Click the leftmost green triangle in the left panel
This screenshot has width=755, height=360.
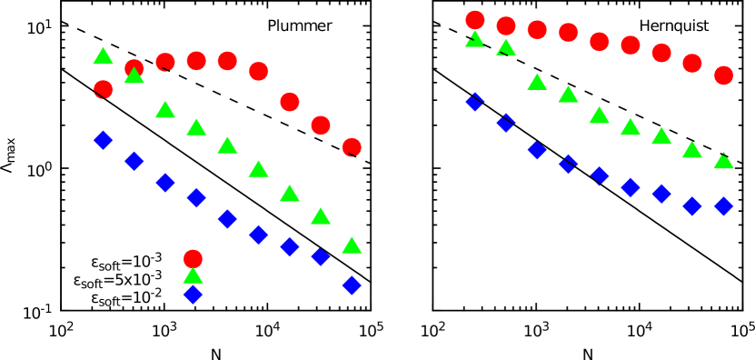click(x=104, y=55)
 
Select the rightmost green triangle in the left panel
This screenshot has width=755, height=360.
click(x=352, y=245)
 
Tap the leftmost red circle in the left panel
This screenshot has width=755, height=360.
click(x=104, y=89)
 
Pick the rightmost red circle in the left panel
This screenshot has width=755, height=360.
click(x=352, y=146)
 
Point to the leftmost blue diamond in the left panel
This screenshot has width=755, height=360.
click(x=104, y=140)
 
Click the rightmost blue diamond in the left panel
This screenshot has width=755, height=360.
click(x=352, y=285)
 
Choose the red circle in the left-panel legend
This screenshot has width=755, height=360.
click(x=193, y=259)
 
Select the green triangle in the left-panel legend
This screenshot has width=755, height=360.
click(x=193, y=275)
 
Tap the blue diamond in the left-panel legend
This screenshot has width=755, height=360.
click(x=193, y=294)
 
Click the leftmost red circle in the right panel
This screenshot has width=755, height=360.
click(x=475, y=20)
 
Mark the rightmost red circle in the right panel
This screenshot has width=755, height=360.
click(x=723, y=75)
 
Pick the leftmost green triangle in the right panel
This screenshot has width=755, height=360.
click(x=475, y=39)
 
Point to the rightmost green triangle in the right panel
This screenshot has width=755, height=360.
click(x=723, y=161)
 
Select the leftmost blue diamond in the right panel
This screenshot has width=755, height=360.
click(x=475, y=102)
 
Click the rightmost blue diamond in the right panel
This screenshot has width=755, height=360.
click(x=723, y=206)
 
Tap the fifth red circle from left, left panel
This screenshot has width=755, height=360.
click(x=227, y=61)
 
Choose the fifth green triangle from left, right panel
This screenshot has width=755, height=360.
click(x=599, y=115)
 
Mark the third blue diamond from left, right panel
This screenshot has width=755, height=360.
click(x=537, y=150)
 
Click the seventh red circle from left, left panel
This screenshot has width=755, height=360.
click(x=290, y=102)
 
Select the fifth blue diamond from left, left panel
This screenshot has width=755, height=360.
click(x=227, y=219)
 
